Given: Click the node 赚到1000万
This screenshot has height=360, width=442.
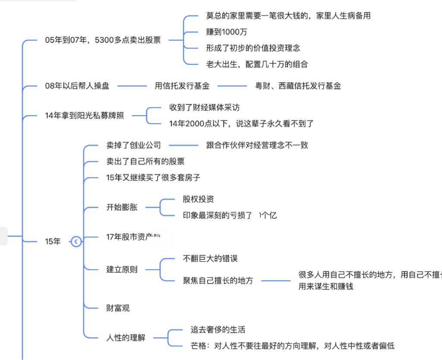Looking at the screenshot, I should point(227,32).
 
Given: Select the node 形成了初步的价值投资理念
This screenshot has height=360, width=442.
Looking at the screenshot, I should point(253,48).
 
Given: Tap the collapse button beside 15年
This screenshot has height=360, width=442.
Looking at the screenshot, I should point(76,242).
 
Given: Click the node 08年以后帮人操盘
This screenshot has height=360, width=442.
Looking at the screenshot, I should point(77,86).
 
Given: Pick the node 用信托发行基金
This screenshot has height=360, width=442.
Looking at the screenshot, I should point(182,86).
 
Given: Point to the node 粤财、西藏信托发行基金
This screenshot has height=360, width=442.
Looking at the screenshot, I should point(298,86).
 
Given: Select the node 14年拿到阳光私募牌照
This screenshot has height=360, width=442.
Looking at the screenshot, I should point(84,116).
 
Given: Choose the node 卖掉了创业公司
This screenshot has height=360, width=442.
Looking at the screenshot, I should point(133,145).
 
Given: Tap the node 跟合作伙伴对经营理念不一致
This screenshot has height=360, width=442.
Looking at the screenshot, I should point(257,145).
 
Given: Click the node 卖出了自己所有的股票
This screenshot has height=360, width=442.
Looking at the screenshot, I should point(145,161).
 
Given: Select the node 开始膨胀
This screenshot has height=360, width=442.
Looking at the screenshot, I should point(122,207).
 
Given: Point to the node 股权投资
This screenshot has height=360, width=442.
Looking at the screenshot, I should point(198,199).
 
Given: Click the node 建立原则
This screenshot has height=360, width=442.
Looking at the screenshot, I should point(122,270).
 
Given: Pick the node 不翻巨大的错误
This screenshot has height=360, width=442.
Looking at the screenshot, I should point(210,259).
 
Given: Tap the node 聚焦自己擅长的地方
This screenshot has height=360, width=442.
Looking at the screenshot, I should point(218,281).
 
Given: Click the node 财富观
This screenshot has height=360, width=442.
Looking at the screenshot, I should point(118,308).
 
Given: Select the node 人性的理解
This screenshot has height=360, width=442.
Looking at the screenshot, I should point(126,338).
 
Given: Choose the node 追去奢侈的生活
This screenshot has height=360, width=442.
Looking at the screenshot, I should point(218,330).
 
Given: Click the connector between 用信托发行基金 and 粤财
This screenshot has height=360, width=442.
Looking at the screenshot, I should point(232,86).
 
